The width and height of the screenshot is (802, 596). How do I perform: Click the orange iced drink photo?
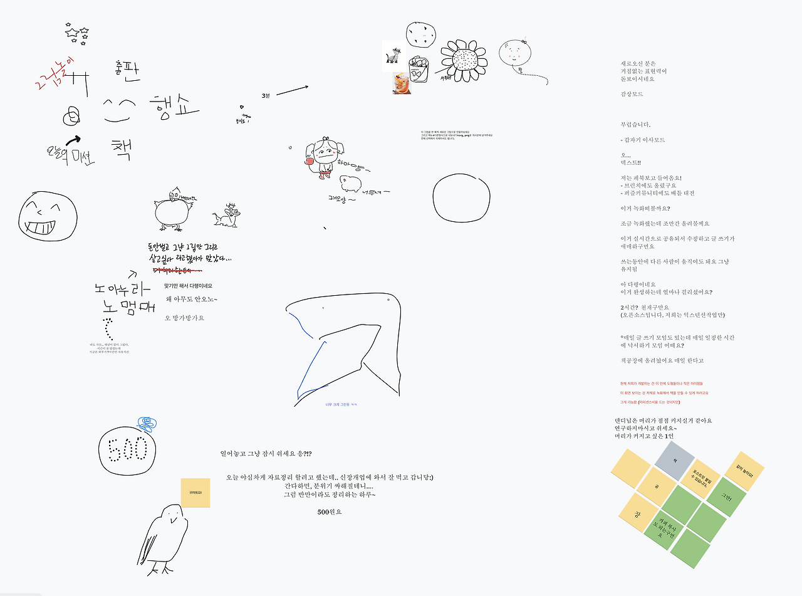402,83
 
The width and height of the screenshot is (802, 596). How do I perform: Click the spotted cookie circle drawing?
420,34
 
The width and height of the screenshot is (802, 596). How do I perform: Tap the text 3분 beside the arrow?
266,95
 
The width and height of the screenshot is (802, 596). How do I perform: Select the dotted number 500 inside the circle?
128,449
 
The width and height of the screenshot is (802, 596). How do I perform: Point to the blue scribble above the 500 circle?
146,424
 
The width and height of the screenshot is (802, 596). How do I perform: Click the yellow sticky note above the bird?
195,493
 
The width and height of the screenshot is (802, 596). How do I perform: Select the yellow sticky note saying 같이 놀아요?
744,471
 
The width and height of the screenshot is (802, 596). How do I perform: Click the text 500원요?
330,511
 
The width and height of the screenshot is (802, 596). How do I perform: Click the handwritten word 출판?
128,71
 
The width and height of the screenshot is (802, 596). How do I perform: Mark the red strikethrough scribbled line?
178,270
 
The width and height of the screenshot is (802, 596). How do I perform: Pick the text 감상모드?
632,94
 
